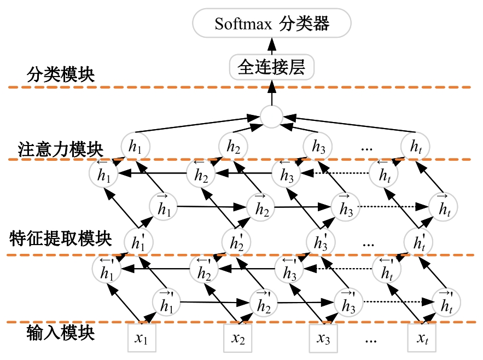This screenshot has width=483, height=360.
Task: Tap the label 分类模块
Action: click(x=61, y=75)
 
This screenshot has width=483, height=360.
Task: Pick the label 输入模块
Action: click(x=61, y=332)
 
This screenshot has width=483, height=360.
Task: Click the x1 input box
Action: click(x=141, y=339)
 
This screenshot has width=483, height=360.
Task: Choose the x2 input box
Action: click(x=238, y=339)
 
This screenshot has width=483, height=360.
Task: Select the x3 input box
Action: click(x=323, y=339)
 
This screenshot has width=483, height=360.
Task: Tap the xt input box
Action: click(x=422, y=339)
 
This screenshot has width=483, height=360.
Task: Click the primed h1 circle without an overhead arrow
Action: click(x=138, y=241)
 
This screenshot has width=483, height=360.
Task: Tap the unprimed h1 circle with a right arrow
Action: click(x=163, y=205)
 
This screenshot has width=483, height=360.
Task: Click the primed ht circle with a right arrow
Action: click(x=445, y=299)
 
